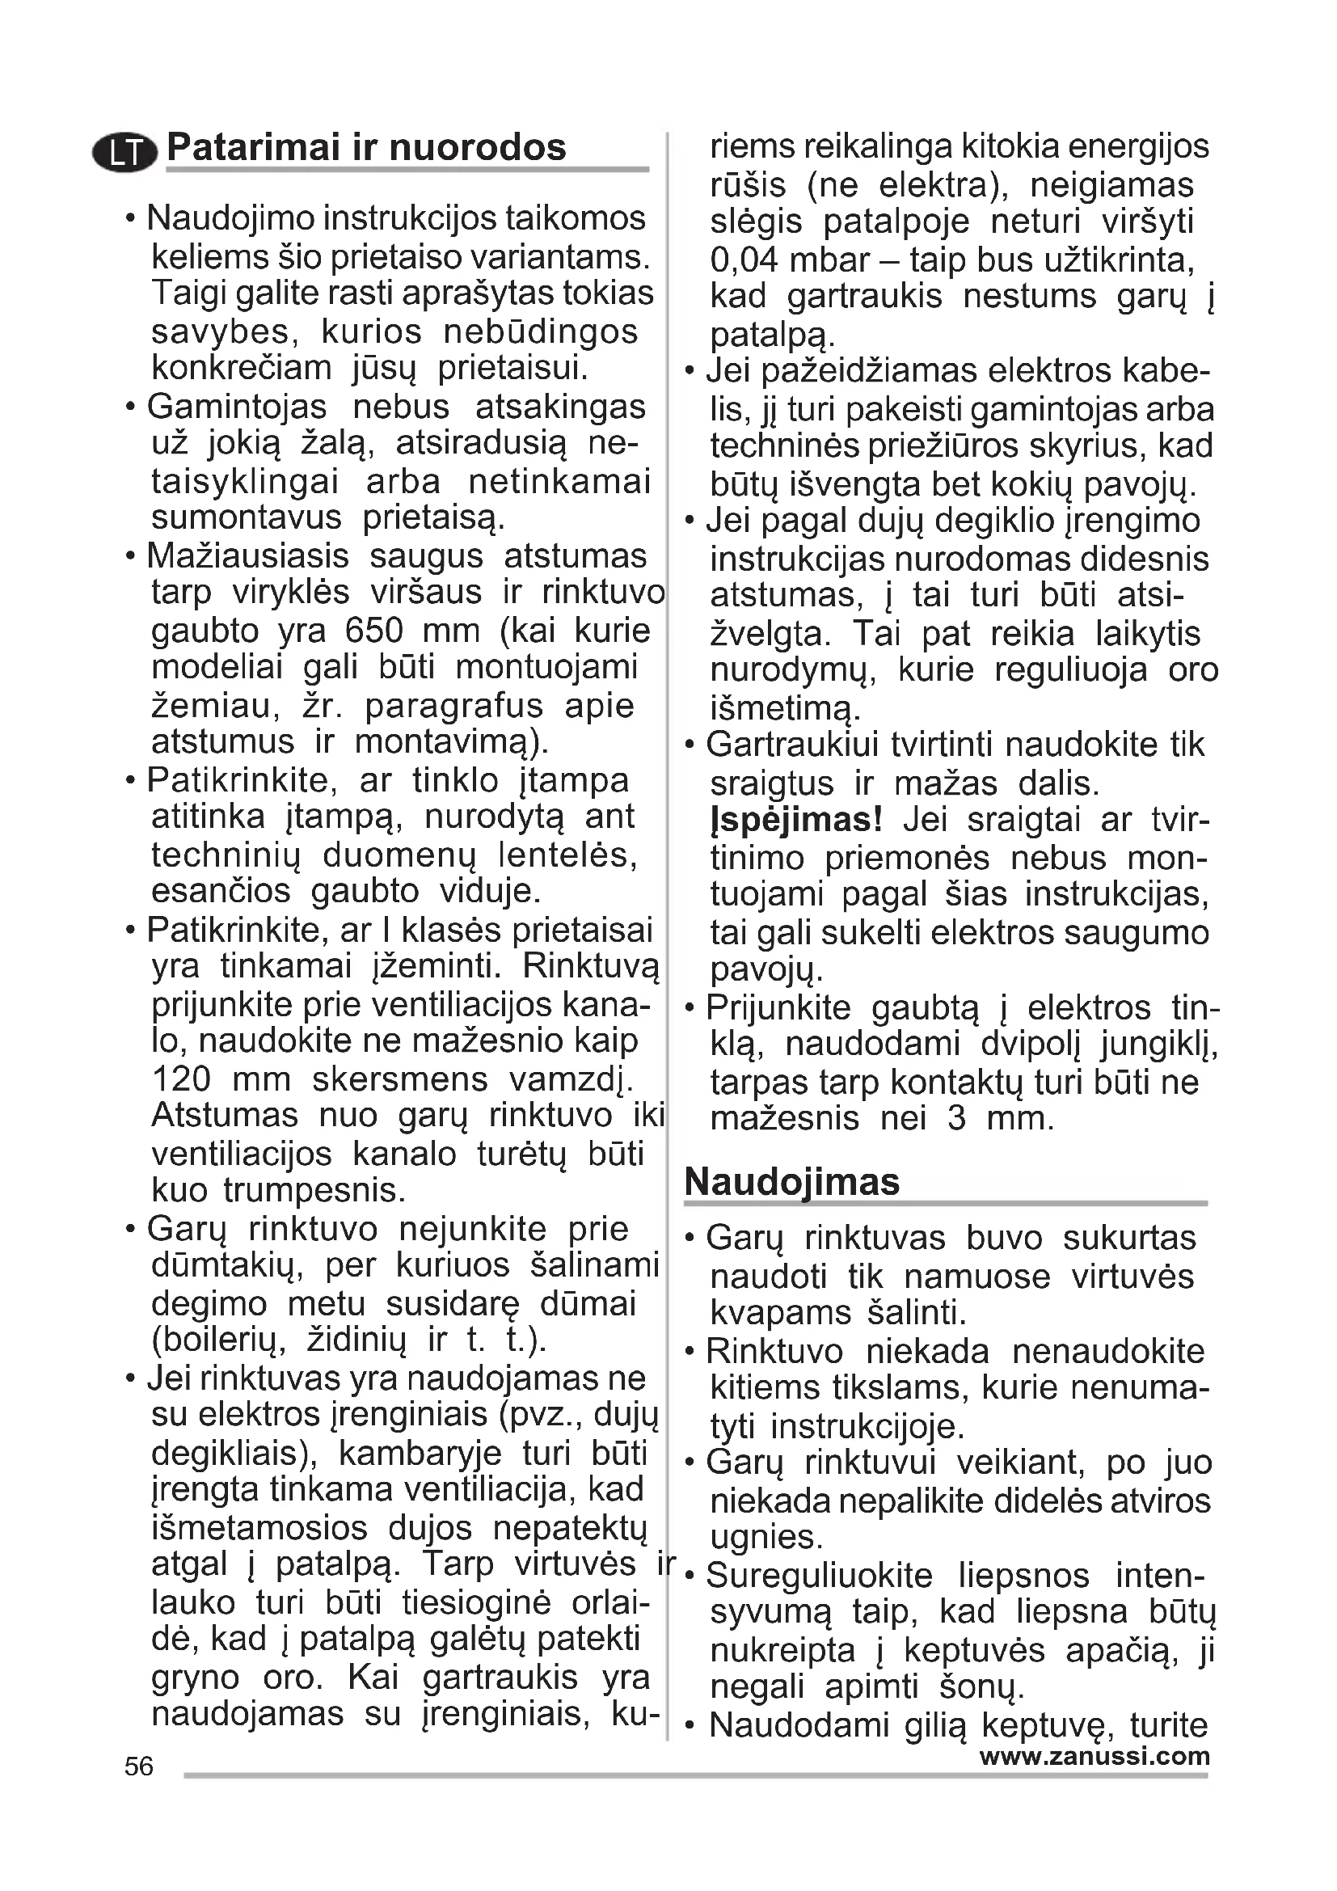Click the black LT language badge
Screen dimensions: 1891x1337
click(x=124, y=153)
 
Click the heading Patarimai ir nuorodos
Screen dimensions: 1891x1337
click(x=366, y=148)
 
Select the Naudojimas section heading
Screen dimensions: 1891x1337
click(x=791, y=1182)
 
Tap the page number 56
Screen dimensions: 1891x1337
click(x=139, y=1766)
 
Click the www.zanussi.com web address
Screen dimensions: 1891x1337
click(x=1094, y=1756)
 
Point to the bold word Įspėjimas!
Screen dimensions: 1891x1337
click(x=795, y=821)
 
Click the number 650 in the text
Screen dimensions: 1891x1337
click(x=373, y=631)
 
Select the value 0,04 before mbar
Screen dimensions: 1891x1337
click(x=744, y=260)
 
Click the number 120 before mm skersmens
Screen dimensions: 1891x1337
click(x=181, y=1079)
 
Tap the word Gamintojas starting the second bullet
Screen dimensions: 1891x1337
click(x=236, y=407)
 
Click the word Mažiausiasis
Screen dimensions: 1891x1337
click(x=248, y=557)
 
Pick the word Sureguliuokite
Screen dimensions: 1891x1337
click(x=819, y=1576)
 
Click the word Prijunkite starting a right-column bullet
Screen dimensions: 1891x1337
click(x=778, y=1008)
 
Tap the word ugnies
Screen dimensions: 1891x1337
click(x=766, y=1537)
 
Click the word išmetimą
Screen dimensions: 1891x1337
click(x=786, y=708)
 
